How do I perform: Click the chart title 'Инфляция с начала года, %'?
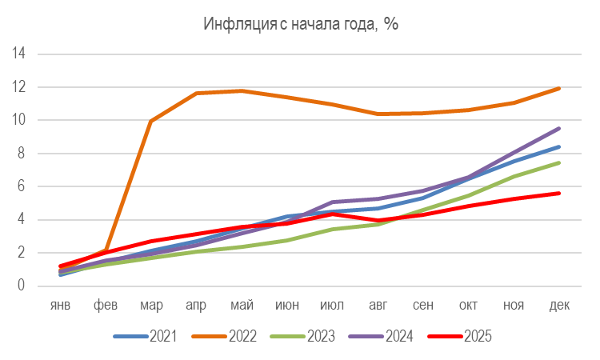[x=301, y=23]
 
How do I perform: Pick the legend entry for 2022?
[x=224, y=337]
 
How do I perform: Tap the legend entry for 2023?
[x=302, y=337]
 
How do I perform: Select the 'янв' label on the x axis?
[x=62, y=306]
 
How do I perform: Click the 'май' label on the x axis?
[x=242, y=306]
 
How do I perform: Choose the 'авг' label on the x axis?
[x=378, y=306]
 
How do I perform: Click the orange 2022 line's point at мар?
[x=151, y=122]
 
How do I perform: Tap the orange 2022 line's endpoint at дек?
[x=558, y=88]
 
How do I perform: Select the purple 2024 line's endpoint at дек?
[x=558, y=128]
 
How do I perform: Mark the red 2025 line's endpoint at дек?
[x=558, y=193]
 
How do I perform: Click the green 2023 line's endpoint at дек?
[x=558, y=163]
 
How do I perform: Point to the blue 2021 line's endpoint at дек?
[x=558, y=146]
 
